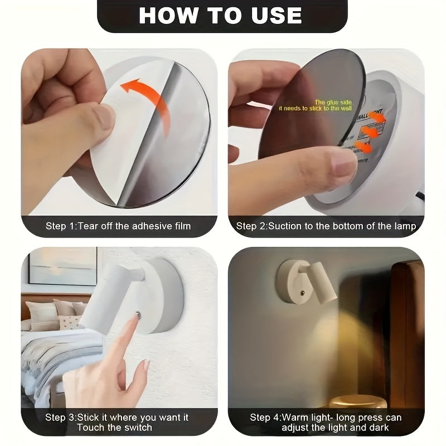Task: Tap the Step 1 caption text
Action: point(118,226)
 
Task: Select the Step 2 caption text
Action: point(326,226)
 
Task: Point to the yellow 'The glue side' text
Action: point(334,103)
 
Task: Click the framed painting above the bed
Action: point(62,266)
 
